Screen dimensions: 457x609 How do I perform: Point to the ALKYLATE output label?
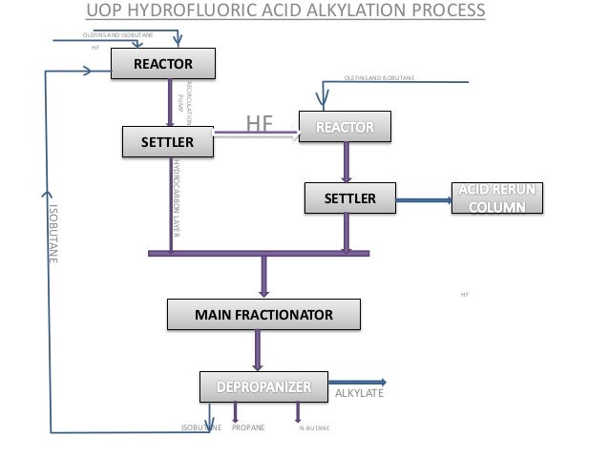click(x=357, y=392)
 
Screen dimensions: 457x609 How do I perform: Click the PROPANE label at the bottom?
click(x=248, y=428)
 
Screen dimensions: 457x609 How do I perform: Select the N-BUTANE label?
click(x=314, y=429)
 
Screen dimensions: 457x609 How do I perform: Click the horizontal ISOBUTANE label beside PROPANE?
click(x=200, y=428)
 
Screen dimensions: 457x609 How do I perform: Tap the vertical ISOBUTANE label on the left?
click(x=53, y=236)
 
